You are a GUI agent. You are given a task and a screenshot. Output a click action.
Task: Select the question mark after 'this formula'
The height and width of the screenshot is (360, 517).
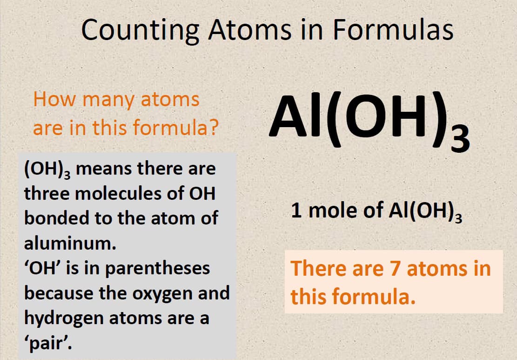point(213,128)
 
